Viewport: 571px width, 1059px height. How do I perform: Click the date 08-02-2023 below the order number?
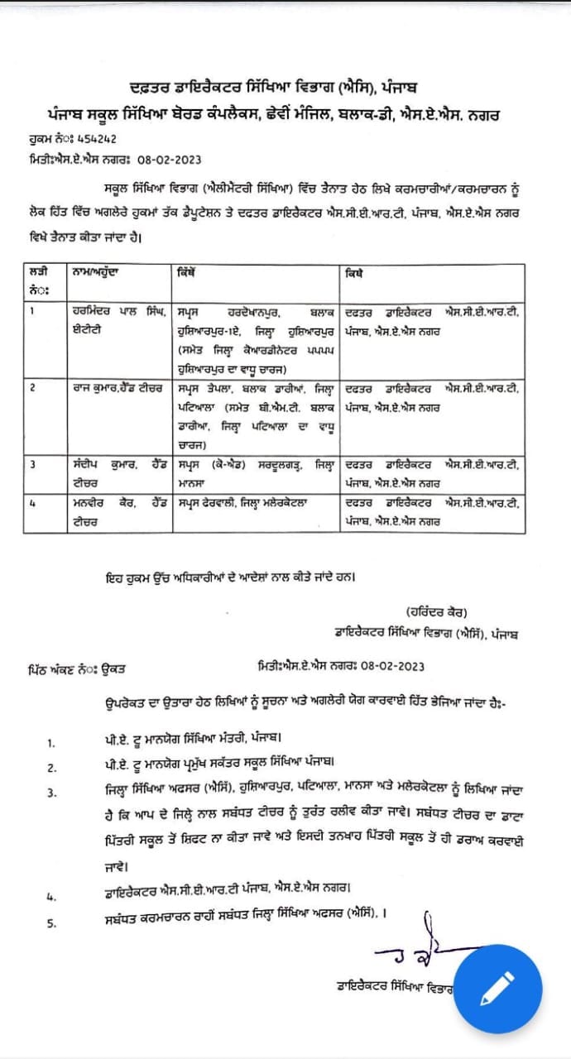tap(170, 159)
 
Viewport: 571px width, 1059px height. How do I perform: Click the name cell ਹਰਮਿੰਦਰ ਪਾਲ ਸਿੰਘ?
tap(120, 319)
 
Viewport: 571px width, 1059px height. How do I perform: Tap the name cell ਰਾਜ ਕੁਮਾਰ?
tap(120, 387)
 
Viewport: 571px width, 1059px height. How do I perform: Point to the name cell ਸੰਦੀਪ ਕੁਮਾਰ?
tap(120, 471)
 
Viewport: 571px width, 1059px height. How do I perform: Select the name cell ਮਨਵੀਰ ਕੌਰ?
tap(120, 511)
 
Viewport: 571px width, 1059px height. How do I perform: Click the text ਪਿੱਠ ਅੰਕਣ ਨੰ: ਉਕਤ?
tap(76, 669)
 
